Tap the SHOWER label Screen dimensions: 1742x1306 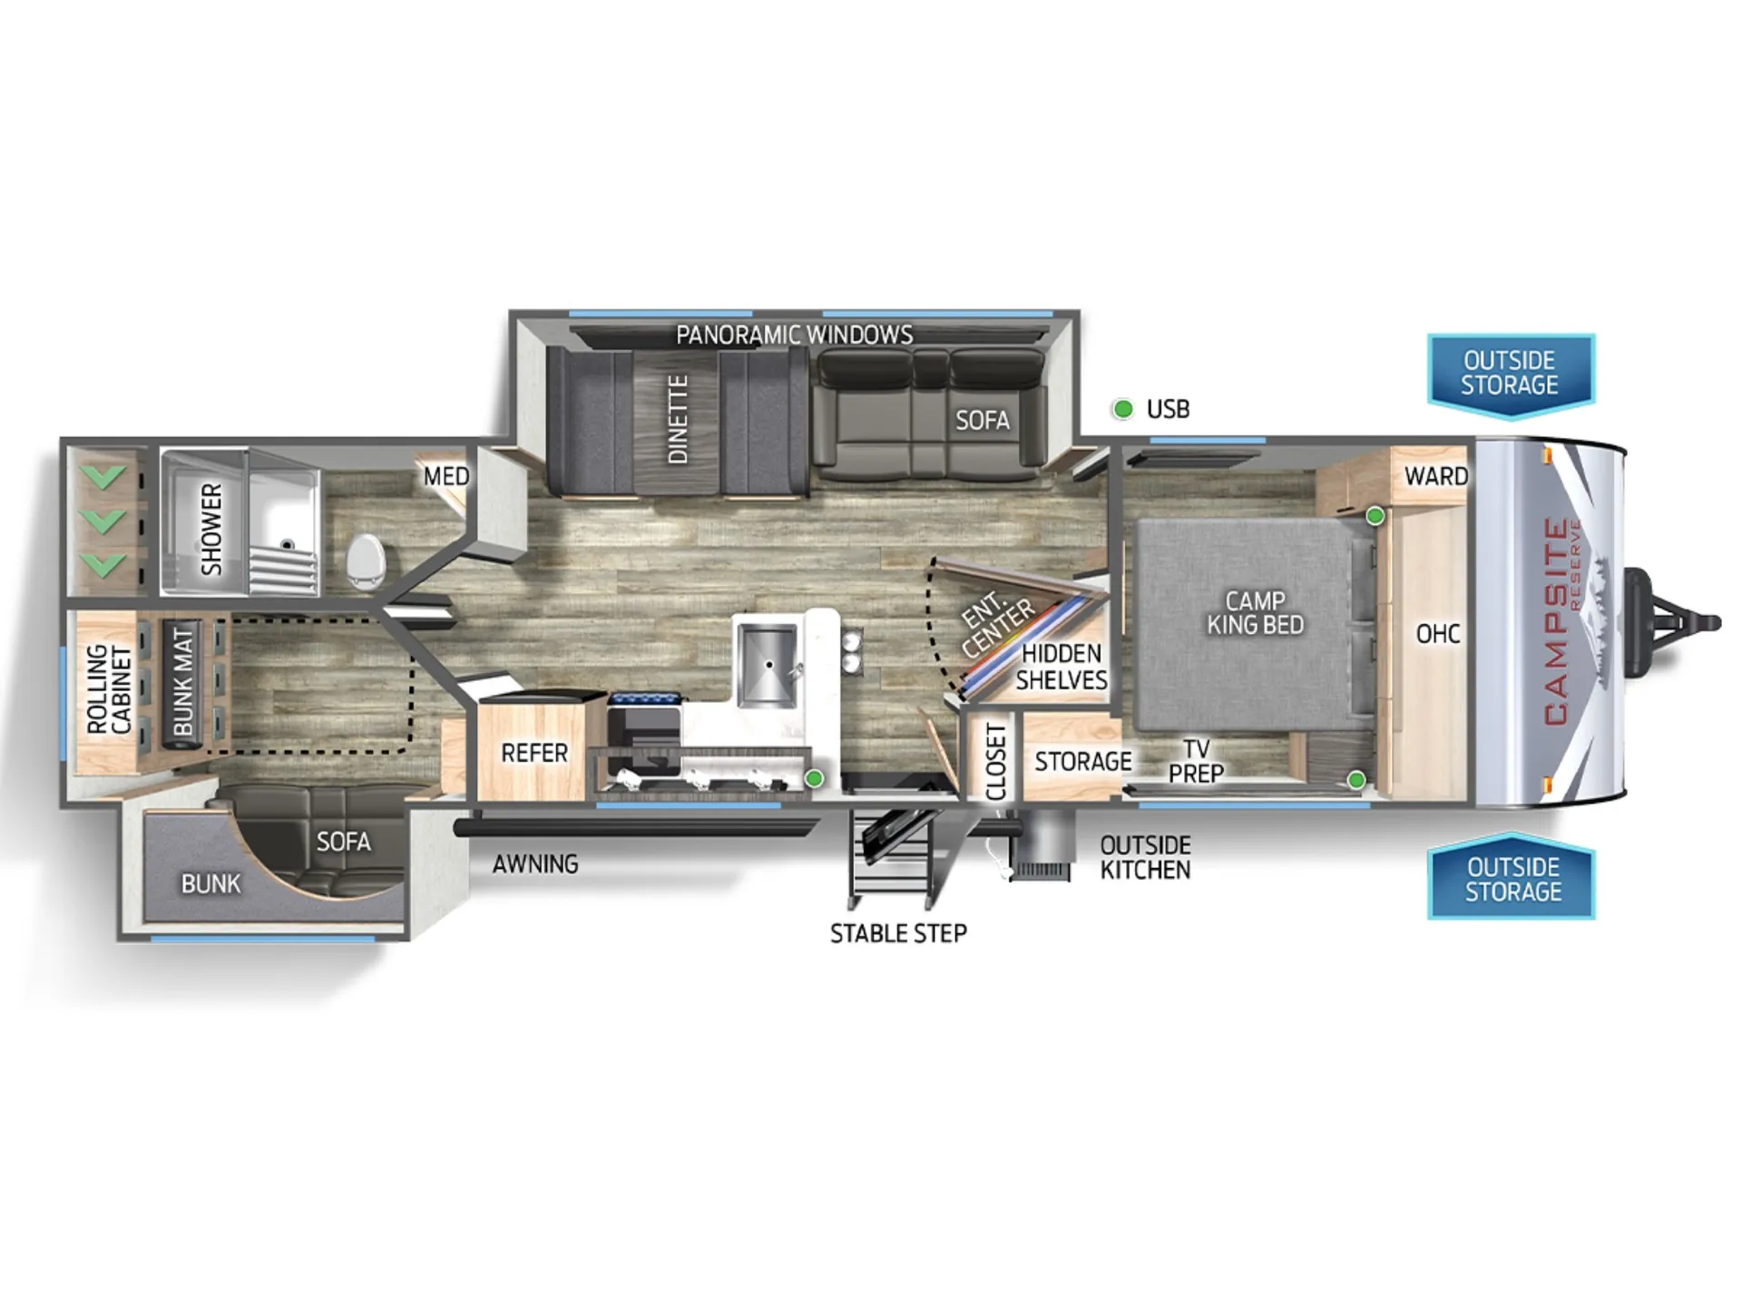210,529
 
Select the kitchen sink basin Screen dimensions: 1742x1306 767,665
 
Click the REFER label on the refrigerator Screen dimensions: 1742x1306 534,753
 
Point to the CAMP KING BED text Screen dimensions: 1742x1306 1255,612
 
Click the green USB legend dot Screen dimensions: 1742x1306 1123,409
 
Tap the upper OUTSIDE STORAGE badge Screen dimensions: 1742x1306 1511,375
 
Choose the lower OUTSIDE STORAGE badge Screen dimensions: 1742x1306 1512,877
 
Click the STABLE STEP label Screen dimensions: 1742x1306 898,933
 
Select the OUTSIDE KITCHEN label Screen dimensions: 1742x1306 1145,858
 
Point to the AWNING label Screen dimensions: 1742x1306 535,864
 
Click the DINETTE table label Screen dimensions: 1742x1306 678,419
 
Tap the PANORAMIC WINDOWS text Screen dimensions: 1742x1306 795,335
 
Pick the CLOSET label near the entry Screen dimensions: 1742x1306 996,762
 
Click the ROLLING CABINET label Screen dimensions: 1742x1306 109,689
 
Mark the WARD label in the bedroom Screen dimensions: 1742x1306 1436,476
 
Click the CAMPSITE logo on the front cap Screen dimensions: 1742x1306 1557,621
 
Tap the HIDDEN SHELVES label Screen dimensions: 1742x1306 1062,667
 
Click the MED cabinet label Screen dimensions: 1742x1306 446,476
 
